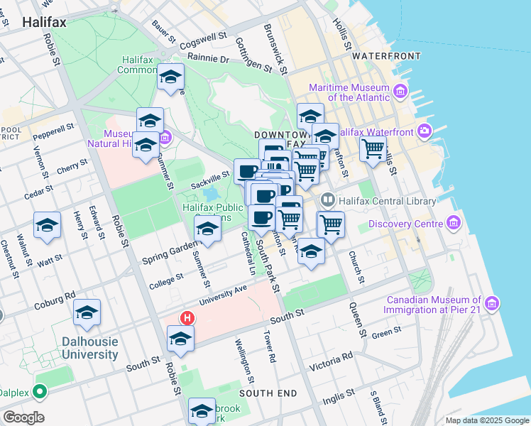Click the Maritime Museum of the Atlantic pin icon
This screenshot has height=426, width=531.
point(400,92)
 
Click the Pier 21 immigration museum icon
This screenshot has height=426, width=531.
point(492,304)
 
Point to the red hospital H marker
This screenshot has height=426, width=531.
point(187,319)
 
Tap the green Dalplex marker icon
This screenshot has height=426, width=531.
point(40,390)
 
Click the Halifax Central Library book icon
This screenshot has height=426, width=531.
point(327,201)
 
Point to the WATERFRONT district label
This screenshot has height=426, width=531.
point(386,55)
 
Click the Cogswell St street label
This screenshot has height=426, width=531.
point(203,35)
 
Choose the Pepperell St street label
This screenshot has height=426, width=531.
point(53,131)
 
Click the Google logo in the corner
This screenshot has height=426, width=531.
point(23,417)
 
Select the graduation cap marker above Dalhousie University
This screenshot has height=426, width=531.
point(87,312)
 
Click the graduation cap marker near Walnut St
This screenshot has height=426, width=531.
point(47,226)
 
